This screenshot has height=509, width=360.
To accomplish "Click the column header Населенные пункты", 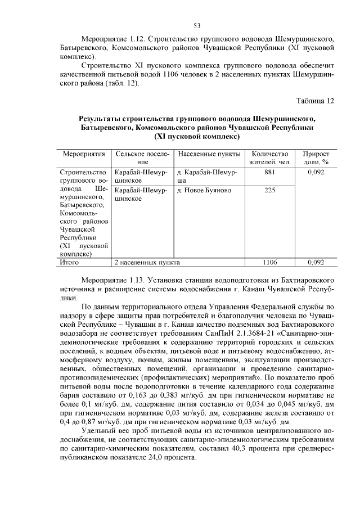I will (209, 154).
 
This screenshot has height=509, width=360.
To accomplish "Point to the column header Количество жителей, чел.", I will (270, 157).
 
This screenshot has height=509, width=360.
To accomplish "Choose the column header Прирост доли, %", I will (316, 157).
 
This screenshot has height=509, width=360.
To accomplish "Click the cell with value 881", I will (270, 172).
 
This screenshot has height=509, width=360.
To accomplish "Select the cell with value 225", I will (270, 190).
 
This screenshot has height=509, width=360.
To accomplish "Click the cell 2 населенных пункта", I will (147, 262).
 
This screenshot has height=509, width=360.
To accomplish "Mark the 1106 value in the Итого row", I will (270, 262).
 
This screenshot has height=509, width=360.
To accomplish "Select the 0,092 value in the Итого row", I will (316, 262).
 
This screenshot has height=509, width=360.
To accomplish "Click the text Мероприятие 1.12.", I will (110, 40).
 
